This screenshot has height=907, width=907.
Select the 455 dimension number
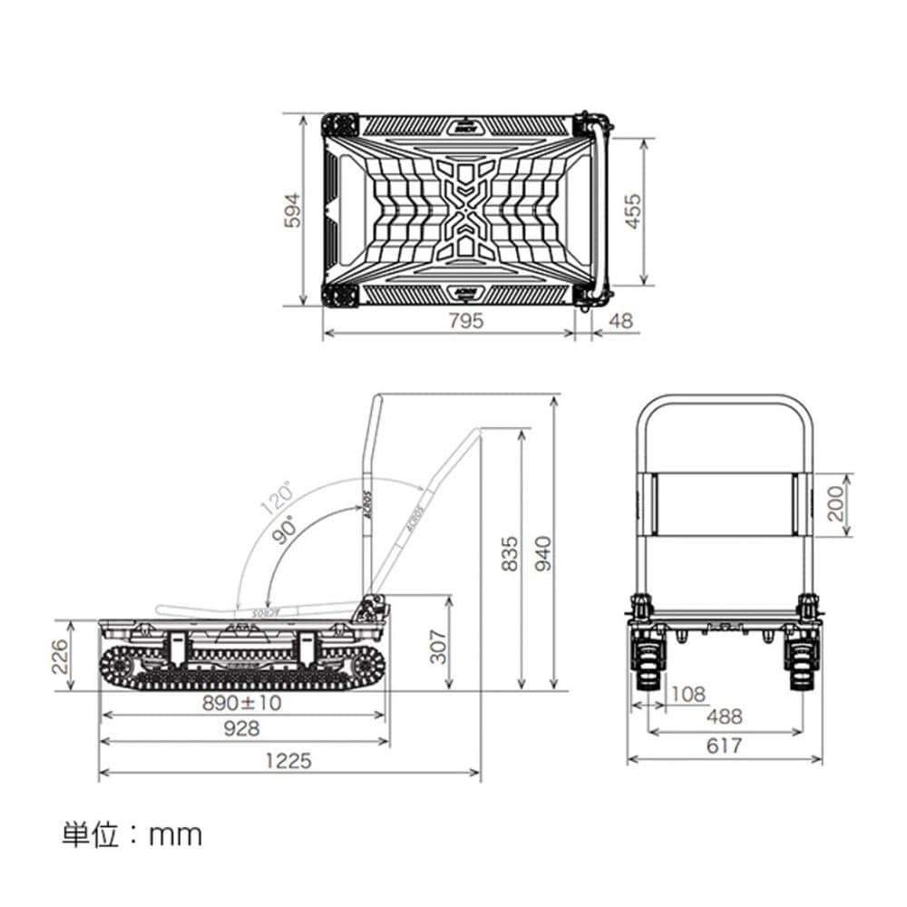point(632,211)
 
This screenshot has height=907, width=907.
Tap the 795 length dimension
point(464,320)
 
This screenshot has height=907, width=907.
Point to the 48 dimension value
point(622,320)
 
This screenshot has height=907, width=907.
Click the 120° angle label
point(277,498)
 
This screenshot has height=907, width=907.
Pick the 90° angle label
point(288,529)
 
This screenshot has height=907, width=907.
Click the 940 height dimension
point(541,554)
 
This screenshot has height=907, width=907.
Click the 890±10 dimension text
point(243,703)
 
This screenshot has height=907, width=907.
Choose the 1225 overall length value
point(288,760)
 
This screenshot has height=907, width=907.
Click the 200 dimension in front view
point(835,503)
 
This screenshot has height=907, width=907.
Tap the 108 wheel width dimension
point(688,694)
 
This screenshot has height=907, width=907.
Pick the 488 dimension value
point(724,717)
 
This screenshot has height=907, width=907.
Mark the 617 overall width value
point(724,746)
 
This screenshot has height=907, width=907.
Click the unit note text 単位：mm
point(132,834)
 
